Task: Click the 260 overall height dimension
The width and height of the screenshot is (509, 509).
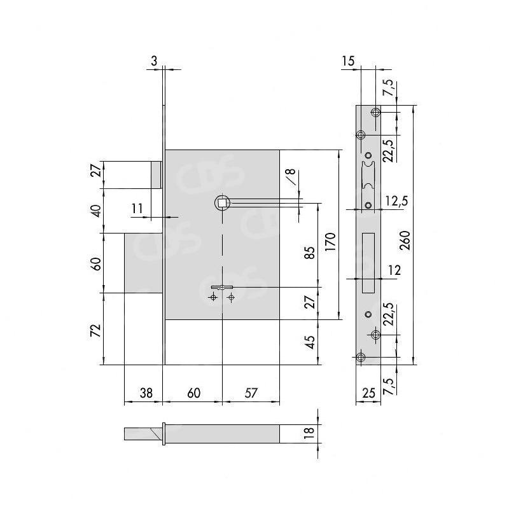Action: pos(405,241)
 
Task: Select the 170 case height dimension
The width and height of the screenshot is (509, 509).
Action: pos(330,242)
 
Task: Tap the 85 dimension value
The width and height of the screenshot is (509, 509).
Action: pos(310,253)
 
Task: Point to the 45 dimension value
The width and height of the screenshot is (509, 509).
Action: pos(310,342)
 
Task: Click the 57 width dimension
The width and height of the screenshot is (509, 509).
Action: pos(251,393)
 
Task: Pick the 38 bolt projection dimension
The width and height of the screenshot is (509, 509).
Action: pos(146,393)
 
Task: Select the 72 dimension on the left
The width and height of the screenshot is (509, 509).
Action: pos(97,331)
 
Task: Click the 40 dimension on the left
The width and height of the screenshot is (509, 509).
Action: pos(97,211)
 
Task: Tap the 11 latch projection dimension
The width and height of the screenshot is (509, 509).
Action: pos(137,209)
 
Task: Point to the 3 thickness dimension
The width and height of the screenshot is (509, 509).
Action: pos(154,60)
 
